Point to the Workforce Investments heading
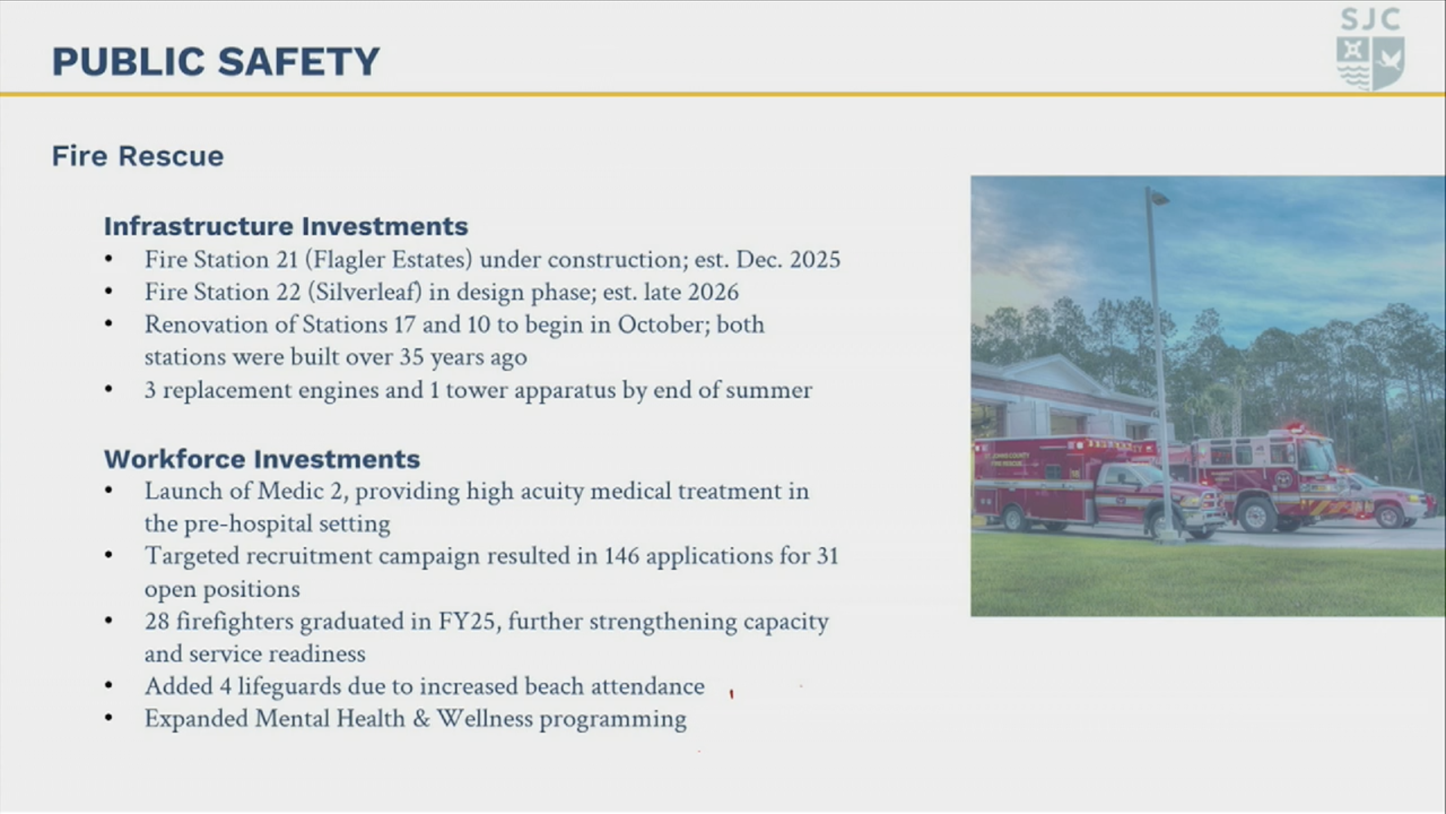(x=262, y=459)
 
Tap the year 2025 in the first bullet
(x=815, y=259)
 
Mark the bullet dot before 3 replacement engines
(x=109, y=389)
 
